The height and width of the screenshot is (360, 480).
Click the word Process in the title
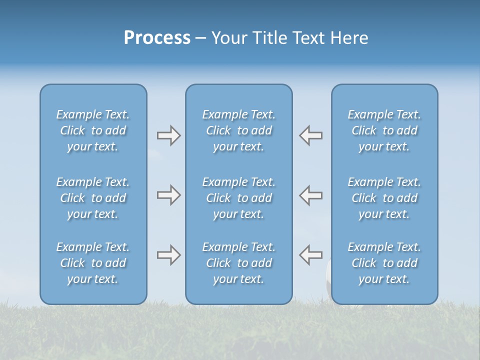[x=157, y=38]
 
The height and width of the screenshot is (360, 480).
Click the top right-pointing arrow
[x=168, y=135]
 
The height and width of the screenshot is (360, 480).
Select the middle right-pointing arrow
[x=168, y=195]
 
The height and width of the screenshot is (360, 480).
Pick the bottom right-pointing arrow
[x=168, y=255]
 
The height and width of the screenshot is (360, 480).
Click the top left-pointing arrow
[x=311, y=135]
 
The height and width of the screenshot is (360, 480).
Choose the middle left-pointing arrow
[x=311, y=195]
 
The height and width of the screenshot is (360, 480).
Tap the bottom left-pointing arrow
[x=311, y=255]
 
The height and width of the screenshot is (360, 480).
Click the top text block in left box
[x=93, y=130]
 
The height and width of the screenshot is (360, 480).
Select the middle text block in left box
[x=93, y=198]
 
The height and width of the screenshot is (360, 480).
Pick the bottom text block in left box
[x=93, y=263]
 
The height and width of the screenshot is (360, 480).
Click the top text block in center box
[x=238, y=130]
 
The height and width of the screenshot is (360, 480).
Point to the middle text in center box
[x=238, y=198]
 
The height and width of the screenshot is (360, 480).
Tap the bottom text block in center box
[x=238, y=263]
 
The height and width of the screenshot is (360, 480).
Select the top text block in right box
[x=384, y=130]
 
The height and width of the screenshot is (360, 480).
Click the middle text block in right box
[x=384, y=198]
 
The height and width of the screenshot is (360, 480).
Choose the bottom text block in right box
[x=384, y=263]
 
